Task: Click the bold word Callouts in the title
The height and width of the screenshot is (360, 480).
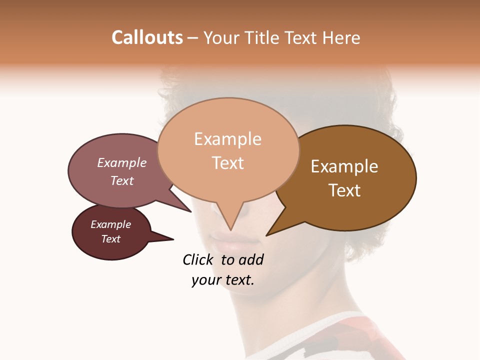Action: click(147, 37)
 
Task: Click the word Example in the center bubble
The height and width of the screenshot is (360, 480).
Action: click(227, 139)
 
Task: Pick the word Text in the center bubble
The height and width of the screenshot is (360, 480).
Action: click(228, 163)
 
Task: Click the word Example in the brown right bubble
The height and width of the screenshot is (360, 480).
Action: click(344, 166)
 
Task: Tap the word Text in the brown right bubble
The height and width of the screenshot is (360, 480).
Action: click(344, 190)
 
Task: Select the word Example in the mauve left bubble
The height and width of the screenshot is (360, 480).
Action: click(122, 162)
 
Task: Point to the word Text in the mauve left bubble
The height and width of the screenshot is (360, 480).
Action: click(122, 180)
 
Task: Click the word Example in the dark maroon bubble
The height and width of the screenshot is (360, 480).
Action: click(110, 224)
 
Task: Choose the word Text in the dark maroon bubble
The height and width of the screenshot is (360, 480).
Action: click(110, 239)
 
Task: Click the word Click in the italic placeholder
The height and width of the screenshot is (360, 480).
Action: click(198, 259)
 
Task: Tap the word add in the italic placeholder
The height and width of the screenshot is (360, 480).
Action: click(251, 259)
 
